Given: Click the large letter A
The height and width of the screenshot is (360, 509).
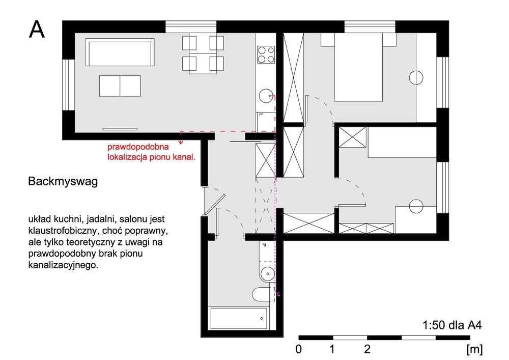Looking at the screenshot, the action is pyautogui.click(x=37, y=30).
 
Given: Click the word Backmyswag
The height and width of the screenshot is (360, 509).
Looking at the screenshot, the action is pyautogui.click(x=63, y=181).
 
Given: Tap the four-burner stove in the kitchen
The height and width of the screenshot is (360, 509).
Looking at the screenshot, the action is pyautogui.click(x=266, y=54).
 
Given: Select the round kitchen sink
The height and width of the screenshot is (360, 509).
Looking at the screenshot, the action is pyautogui.click(x=266, y=96).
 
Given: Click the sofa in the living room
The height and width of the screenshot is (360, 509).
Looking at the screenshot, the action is pyautogui.click(x=120, y=52).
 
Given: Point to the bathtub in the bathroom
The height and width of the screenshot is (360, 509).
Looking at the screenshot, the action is pyautogui.click(x=239, y=318).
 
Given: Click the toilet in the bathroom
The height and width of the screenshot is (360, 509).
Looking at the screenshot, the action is pyautogui.click(x=262, y=294).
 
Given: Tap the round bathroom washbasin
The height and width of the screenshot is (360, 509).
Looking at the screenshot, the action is pyautogui.click(x=268, y=273).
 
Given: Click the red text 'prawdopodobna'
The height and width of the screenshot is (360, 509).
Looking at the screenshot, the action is pyautogui.click(x=138, y=147).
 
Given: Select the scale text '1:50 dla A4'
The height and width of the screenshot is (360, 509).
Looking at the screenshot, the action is pyautogui.click(x=452, y=325).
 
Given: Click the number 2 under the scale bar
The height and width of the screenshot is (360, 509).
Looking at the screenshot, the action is pyautogui.click(x=367, y=349).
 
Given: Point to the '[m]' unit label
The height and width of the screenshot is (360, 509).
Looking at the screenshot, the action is pyautogui.click(x=474, y=350).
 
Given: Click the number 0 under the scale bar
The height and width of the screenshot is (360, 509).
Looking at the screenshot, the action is pyautogui.click(x=299, y=349).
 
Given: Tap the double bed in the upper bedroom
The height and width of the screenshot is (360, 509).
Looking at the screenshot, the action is pyautogui.click(x=358, y=67).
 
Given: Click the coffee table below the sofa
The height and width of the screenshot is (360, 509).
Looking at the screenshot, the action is pyautogui.click(x=120, y=86).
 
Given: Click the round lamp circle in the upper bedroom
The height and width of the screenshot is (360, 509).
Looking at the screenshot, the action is pyautogui.click(x=416, y=77).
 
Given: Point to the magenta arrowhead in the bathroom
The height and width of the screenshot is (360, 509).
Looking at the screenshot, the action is pyautogui.click(x=278, y=294).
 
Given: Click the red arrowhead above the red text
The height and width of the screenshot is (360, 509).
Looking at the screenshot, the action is pyautogui.click(x=181, y=142).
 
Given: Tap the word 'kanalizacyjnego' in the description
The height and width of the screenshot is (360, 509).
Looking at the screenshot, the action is pyautogui.click(x=63, y=265).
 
